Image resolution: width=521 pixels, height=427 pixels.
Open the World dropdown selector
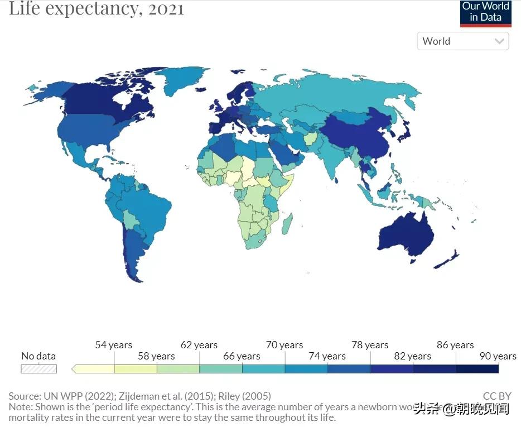pos(462,41)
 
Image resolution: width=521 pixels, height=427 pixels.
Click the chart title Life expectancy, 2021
pos(96,9)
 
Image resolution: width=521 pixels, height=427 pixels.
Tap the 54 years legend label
pos(113,345)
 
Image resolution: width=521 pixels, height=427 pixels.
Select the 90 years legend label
pos(498,356)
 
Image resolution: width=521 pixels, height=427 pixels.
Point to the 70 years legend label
pos(284,345)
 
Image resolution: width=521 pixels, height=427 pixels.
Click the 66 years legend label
pos(242,356)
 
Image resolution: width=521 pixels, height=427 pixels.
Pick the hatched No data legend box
pos(38,368)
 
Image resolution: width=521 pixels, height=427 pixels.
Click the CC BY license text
pos(496,396)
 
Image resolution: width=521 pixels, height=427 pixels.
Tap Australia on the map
pos(406,234)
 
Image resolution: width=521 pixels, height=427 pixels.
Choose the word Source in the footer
pos(24,396)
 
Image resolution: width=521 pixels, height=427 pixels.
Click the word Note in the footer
pos(20,407)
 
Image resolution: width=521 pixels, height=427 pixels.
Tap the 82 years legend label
pos(412,356)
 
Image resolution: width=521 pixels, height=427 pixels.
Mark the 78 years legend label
pos(370,345)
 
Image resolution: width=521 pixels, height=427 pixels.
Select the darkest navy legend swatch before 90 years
pos(477,368)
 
